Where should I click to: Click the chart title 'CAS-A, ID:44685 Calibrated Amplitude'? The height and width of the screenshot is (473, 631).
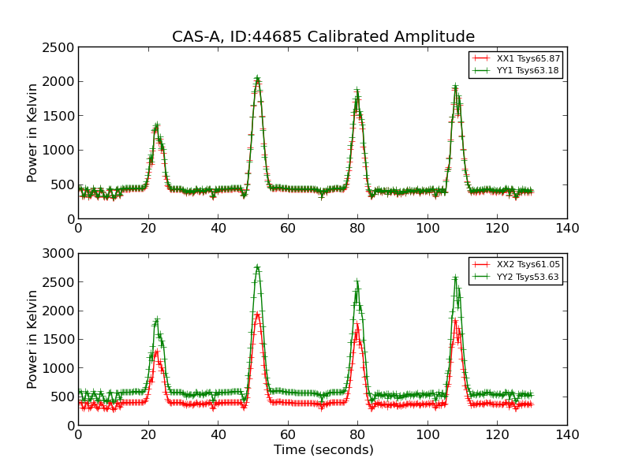[323, 37]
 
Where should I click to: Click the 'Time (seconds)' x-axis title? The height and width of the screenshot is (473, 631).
[323, 450]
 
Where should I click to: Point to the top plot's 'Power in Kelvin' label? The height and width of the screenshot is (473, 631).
[32, 132]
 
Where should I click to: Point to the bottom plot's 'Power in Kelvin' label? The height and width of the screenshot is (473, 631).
[32, 339]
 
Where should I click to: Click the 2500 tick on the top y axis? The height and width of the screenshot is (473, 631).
[60, 47]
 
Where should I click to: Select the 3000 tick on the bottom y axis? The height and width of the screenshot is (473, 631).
[60, 254]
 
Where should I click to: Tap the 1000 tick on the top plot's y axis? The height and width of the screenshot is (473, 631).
[60, 151]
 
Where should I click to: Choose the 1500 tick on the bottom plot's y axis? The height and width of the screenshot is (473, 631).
[60, 340]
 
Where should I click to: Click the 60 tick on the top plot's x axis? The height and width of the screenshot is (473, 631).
[288, 229]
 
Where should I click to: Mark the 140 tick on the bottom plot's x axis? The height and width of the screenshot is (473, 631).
[567, 435]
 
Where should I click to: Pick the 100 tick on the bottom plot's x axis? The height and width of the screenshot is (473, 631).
[428, 435]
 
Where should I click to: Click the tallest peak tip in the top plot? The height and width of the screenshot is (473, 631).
[257, 79]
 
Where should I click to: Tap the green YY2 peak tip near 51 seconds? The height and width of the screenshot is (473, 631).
[257, 267]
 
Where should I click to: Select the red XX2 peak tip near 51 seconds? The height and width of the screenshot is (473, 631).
[257, 314]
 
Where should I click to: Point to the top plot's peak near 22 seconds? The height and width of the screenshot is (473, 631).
[156, 125]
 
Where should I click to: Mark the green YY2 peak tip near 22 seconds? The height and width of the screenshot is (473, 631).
[156, 319]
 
